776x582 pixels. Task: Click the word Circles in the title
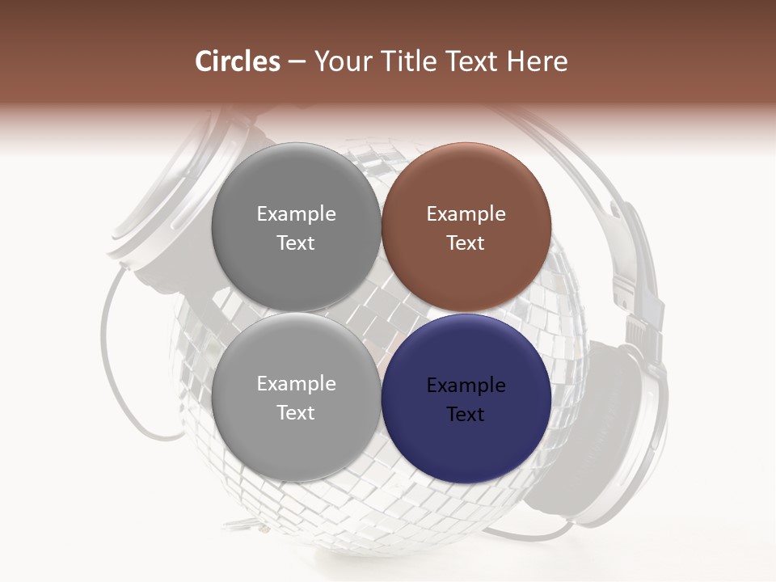coord(238,61)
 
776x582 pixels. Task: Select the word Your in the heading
coord(340,61)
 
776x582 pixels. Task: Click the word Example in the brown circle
coord(466,214)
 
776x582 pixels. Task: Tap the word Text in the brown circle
coord(466,243)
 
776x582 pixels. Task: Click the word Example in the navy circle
coord(466,386)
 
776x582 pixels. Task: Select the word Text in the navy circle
coord(466,415)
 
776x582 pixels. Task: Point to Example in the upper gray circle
coord(296,214)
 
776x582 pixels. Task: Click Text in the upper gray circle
coord(296,243)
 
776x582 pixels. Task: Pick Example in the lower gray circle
coord(296,384)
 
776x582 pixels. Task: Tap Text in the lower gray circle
coord(296,413)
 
